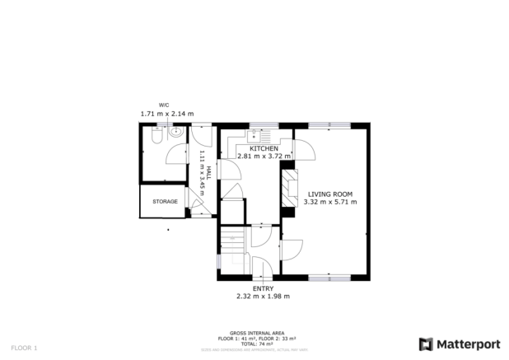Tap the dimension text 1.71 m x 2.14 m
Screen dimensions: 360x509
(166, 114)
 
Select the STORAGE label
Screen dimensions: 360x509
(164, 201)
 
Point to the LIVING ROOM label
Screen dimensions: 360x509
(329, 194)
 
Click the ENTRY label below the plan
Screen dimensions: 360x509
(263, 288)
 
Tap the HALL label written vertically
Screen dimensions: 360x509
(208, 171)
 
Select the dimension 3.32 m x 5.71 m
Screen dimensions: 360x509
(329, 202)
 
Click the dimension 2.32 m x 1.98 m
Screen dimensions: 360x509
(263, 297)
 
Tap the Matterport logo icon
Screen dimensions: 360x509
(426, 344)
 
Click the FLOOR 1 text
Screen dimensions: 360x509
(25, 348)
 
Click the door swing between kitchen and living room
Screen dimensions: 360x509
(306, 151)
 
